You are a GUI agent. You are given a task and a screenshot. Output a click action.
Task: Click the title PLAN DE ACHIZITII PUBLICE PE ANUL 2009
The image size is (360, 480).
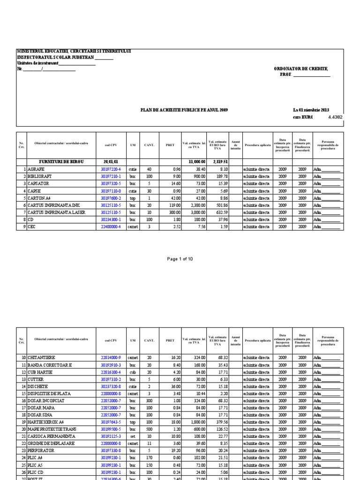click(x=184, y=110)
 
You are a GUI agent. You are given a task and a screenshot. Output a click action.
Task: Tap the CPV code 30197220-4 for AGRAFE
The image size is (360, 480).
click(x=111, y=169)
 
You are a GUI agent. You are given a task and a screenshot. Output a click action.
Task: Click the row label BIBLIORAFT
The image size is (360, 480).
click(x=40, y=176)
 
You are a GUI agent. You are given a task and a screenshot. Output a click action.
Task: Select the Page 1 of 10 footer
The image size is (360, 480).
click(x=180, y=259)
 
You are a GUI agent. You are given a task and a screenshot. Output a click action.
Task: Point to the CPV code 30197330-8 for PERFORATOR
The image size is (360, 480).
click(x=111, y=450)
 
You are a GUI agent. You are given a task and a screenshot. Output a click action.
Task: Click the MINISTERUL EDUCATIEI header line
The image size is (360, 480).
click(x=74, y=51)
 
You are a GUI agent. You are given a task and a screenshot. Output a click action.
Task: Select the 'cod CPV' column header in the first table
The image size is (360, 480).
click(x=111, y=145)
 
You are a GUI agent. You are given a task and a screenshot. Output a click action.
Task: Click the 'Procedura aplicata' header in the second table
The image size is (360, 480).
click(x=258, y=341)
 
